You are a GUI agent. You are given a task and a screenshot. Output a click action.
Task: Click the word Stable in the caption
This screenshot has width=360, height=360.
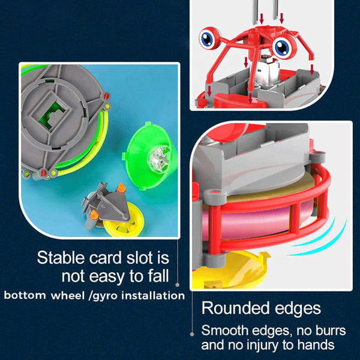(61, 257)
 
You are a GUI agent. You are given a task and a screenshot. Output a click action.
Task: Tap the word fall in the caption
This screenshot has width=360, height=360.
(158, 276)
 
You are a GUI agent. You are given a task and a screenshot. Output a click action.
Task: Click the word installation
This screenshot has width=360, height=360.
(153, 295)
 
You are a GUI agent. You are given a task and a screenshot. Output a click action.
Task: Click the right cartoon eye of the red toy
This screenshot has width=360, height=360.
(284, 47)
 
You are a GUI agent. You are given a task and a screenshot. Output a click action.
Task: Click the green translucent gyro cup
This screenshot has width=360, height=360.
(149, 155)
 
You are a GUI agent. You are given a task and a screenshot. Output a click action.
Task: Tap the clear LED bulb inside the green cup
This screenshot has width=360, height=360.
(158, 156)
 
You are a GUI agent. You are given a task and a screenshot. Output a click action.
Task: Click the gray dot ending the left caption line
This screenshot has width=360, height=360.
(177, 285)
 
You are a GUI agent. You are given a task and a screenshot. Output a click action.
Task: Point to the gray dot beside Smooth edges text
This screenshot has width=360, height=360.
(192, 334)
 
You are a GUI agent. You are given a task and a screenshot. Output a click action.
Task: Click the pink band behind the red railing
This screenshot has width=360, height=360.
(255, 220)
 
